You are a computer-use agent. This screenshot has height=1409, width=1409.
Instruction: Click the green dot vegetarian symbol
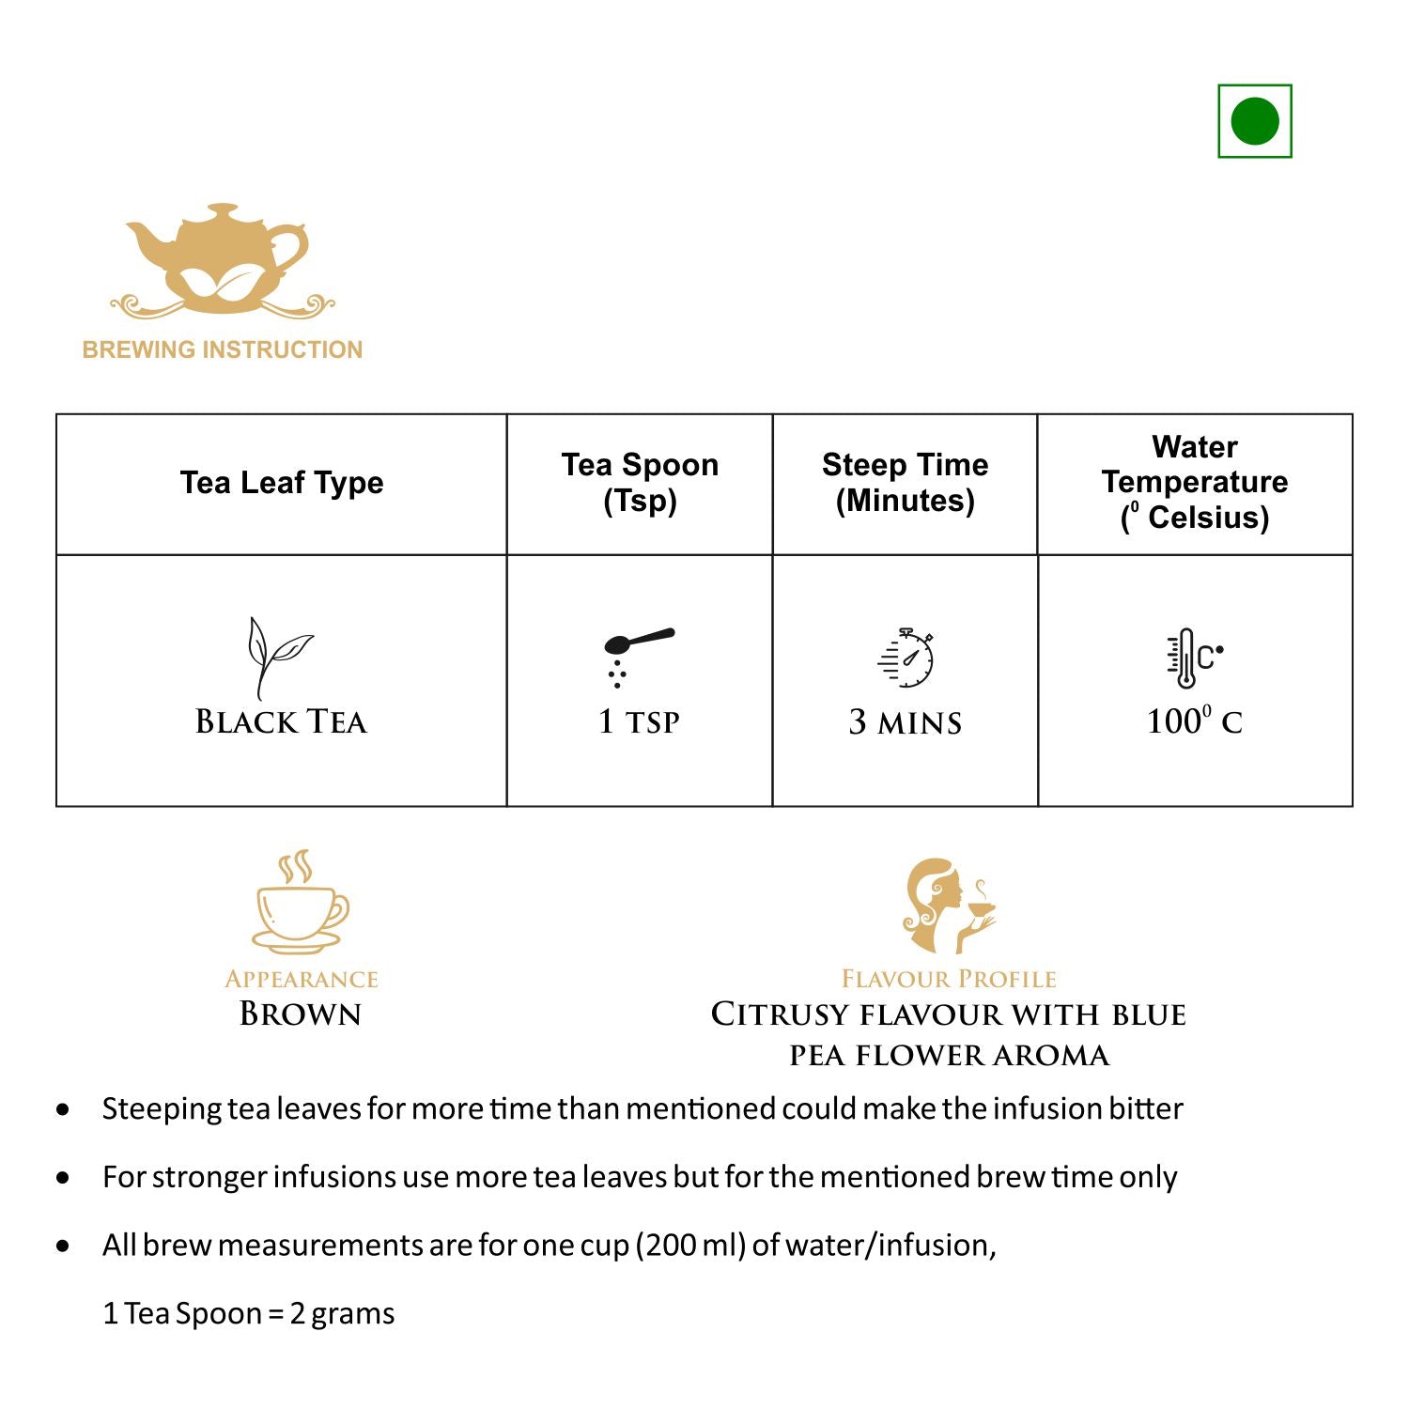(x=1254, y=121)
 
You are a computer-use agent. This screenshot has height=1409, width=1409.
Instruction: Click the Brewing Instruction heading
(x=223, y=349)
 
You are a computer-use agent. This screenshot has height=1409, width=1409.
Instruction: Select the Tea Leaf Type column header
(x=282, y=483)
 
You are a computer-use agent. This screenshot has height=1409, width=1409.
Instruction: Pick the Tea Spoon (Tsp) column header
(x=640, y=482)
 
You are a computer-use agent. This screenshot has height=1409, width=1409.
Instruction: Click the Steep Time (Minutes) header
(x=905, y=482)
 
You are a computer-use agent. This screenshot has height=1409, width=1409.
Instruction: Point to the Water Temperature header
(x=1195, y=482)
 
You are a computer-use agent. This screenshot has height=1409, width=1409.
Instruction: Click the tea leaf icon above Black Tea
(x=276, y=656)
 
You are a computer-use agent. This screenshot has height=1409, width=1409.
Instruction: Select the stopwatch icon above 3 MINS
(x=907, y=657)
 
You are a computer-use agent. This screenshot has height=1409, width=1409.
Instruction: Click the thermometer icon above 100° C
(x=1193, y=658)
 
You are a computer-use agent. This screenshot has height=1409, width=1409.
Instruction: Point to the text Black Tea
(x=281, y=721)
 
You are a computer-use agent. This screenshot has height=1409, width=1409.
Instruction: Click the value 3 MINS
(x=906, y=722)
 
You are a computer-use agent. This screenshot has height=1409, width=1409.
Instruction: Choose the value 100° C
(x=1194, y=721)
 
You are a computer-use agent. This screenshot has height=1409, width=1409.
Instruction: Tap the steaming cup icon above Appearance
(x=300, y=902)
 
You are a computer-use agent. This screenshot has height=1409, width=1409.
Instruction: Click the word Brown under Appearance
(x=301, y=1014)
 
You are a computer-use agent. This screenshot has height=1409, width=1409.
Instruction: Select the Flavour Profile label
(x=949, y=979)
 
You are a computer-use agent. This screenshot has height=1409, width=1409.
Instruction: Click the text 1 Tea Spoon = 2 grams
(x=249, y=1313)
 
